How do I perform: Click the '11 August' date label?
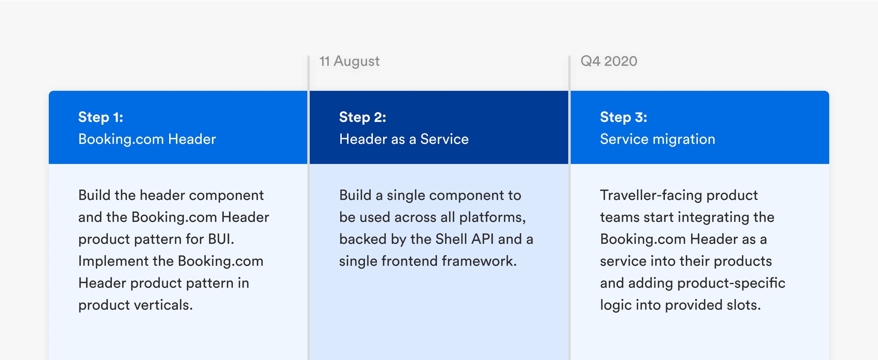pyautogui.click(x=349, y=62)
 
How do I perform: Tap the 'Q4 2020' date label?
pyautogui.click(x=609, y=61)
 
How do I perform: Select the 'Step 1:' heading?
pyautogui.click(x=101, y=118)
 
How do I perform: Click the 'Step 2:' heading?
pyautogui.click(x=363, y=118)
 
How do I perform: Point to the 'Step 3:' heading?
pyautogui.click(x=623, y=118)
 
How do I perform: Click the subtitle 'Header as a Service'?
pyautogui.click(x=404, y=139)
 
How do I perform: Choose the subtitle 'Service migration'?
pyautogui.click(x=658, y=139)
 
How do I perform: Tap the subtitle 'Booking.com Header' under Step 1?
pyautogui.click(x=147, y=139)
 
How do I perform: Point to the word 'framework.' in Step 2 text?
pyautogui.click(x=479, y=261)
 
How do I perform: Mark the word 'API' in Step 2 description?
pyautogui.click(x=483, y=239)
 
